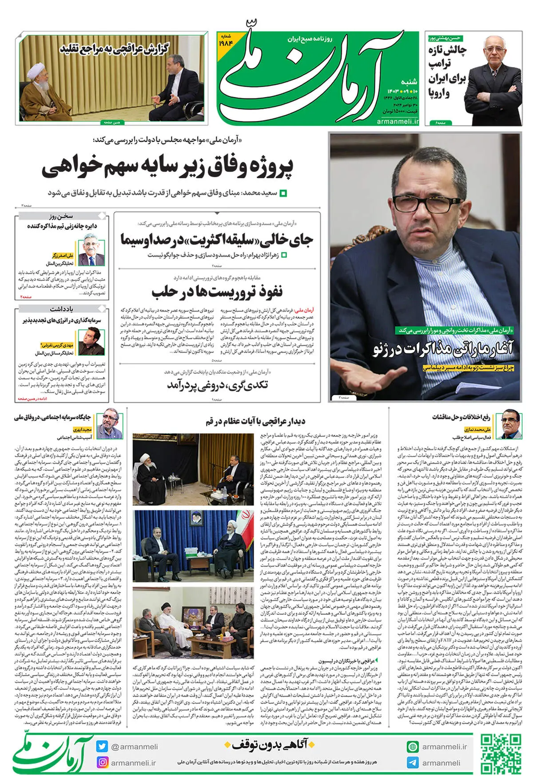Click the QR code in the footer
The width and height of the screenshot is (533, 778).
[x=501, y=754]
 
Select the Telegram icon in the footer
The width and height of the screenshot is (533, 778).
[x=413, y=762]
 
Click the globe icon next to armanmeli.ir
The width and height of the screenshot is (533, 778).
[x=413, y=746]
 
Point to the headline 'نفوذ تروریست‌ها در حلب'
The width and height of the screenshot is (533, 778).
[x=217, y=292]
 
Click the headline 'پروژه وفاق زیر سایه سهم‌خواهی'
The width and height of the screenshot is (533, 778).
[x=167, y=168]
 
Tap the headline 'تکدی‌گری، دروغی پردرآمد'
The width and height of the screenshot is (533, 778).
[x=217, y=385]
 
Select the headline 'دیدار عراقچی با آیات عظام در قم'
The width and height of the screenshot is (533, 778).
[x=255, y=421]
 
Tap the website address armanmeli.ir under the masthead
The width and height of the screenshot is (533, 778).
[x=398, y=121]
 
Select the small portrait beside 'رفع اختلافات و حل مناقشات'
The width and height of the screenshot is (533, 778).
[x=511, y=424]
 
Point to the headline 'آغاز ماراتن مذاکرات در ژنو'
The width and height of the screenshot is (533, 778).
[x=443, y=348]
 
